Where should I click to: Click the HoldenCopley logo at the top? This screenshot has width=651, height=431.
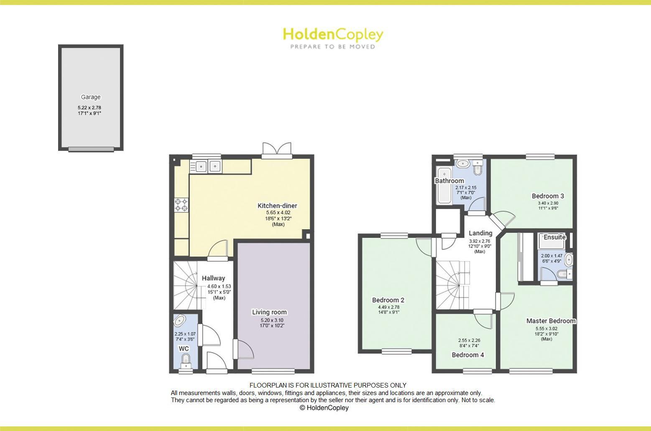pos(333,35)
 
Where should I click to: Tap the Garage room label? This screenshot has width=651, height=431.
pos(91,97)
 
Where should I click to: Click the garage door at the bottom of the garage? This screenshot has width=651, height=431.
pos(91,149)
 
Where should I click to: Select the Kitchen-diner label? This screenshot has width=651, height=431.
pos(277,206)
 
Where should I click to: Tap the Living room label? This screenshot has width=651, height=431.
pos(269,312)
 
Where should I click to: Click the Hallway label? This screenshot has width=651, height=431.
pos(213,278)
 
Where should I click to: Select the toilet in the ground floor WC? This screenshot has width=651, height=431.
pos(186,360)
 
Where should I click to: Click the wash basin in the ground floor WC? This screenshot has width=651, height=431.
pos(180,321)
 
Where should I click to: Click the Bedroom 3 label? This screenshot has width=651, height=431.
pos(548,196)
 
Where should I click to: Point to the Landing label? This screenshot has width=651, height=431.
pos(480,233)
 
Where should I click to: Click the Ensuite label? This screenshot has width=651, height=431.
pos(554,237)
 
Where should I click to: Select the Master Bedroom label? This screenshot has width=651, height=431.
pos(551,321)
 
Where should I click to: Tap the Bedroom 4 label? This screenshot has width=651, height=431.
pos(468,355)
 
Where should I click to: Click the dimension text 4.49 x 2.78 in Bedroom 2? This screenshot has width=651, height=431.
pos(388,307)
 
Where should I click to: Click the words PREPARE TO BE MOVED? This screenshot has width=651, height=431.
pos(333,47)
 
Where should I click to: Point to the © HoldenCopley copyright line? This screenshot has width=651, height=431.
pos(324,408)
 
